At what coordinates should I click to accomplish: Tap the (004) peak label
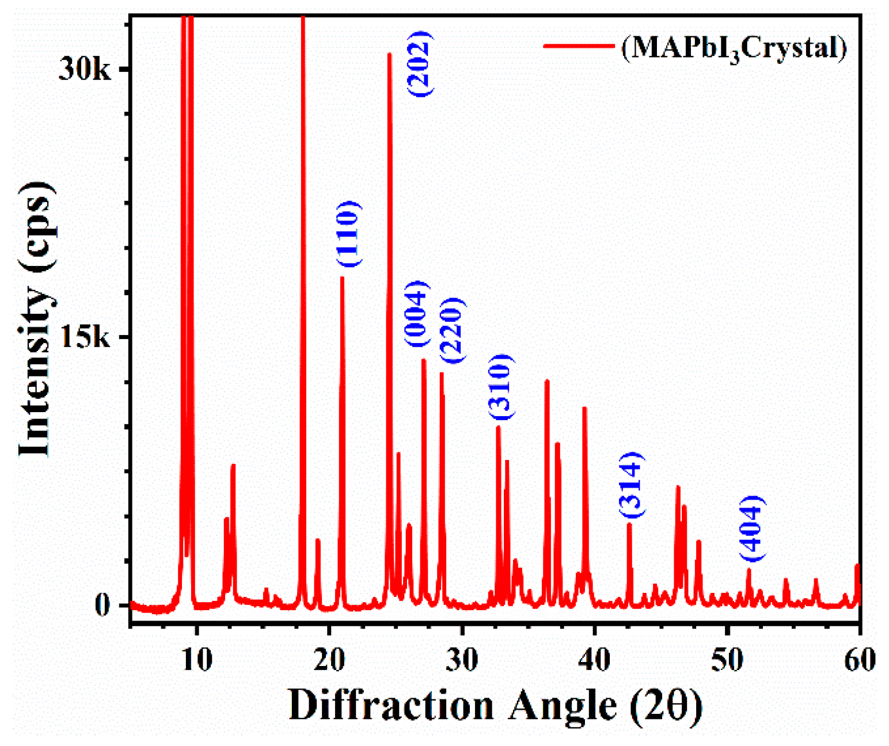[417, 314]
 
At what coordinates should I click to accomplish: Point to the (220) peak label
[452, 330]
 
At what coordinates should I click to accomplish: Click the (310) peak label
[500, 386]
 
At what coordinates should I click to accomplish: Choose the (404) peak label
[752, 528]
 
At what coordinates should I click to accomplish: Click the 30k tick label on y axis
[85, 70]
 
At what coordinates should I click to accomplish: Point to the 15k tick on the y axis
[85, 337]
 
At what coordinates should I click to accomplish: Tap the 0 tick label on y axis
[102, 605]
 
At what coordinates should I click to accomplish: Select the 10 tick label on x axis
[197, 660]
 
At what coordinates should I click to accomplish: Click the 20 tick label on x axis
[329, 660]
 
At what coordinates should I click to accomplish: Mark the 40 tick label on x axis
[595, 660]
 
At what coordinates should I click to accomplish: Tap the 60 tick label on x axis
[860, 660]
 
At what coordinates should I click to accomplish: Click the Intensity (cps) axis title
[36, 319]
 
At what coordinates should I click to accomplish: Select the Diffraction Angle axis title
[495, 705]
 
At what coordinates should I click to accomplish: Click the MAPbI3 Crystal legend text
[734, 47]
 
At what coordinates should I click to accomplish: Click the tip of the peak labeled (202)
[390, 54]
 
